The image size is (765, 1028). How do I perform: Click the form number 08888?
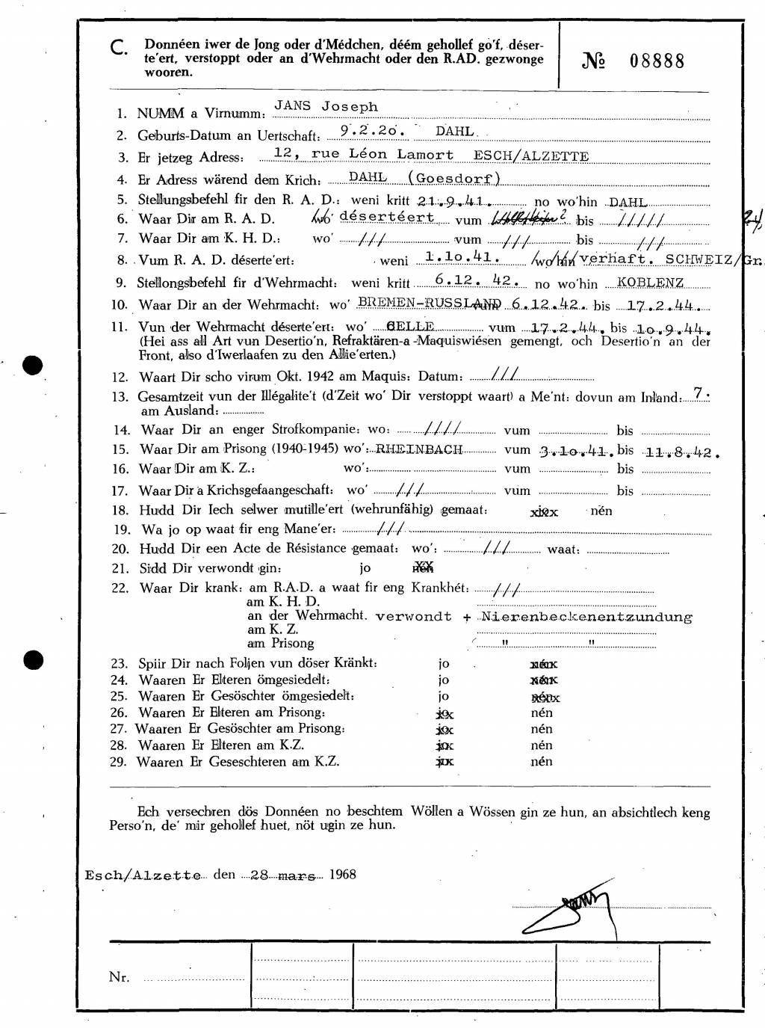tap(657, 61)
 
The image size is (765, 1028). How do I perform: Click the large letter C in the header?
tap(117, 49)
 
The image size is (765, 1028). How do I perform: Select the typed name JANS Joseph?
tap(326, 106)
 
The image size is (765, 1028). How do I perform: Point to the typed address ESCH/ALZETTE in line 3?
tap(531, 156)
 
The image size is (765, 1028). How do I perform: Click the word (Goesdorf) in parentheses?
tap(454, 178)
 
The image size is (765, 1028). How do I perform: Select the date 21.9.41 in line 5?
tap(453, 201)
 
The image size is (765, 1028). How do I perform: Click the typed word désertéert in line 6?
tap(386, 217)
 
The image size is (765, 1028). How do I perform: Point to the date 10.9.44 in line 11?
tap(672, 328)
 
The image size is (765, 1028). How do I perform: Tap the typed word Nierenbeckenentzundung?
tap(586, 617)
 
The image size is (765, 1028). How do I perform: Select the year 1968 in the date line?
tap(341, 874)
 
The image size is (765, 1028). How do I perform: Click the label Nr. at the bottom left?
tap(119, 976)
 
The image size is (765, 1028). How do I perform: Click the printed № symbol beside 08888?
tap(592, 61)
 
